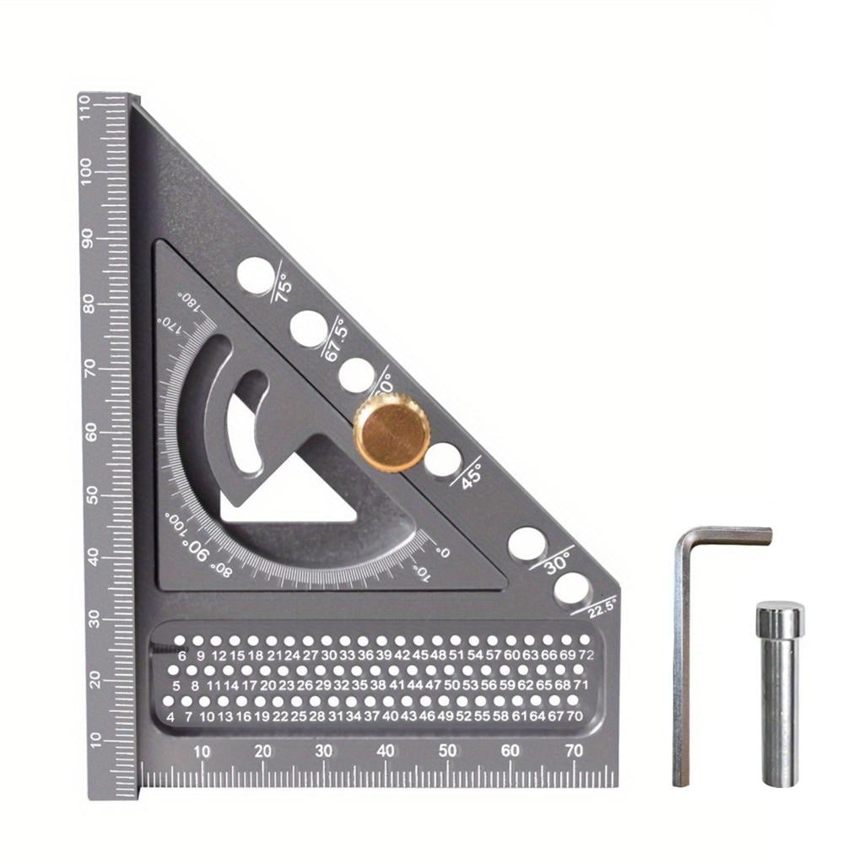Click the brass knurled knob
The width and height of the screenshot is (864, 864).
click(x=391, y=432)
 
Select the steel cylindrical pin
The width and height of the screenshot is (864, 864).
click(x=778, y=692)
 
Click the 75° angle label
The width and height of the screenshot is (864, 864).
click(x=282, y=289)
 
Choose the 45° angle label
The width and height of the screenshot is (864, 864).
click(x=468, y=472)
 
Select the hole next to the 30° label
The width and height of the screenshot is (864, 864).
click(x=526, y=544)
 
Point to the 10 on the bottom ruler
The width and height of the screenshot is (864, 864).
click(x=202, y=752)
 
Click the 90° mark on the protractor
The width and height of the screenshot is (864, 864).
click(x=197, y=551)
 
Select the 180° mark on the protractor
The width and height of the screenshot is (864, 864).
click(x=192, y=302)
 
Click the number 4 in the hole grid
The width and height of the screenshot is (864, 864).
click(x=171, y=717)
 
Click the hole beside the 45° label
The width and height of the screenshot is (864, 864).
click(x=442, y=459)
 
